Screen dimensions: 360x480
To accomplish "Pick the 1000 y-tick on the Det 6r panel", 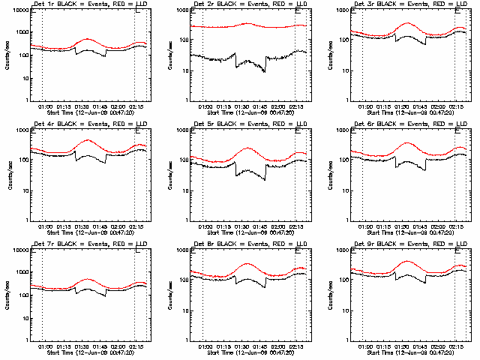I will pos(343,130).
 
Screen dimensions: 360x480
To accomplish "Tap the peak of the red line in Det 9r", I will pos(406,261).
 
